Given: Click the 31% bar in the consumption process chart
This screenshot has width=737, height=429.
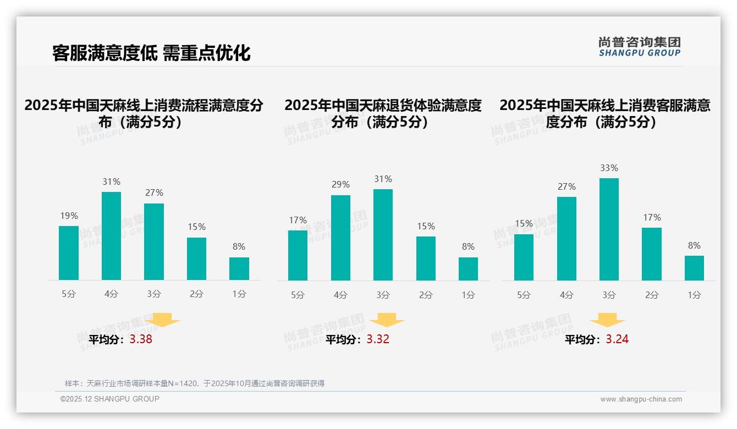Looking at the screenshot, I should coord(111,236).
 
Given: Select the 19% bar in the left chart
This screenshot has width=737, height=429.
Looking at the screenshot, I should coord(69,253).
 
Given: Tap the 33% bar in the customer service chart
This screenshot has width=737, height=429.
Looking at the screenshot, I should coord(609,229).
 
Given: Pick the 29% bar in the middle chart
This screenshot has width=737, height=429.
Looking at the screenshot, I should coord(340,238).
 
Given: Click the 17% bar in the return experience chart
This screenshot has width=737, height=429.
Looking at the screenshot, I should coord(298,255).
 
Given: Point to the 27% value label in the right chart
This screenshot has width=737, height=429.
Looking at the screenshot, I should coord(566,186).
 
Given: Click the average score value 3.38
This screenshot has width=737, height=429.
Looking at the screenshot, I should coord(141,339).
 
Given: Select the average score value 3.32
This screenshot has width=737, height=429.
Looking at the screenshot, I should coord(378,339).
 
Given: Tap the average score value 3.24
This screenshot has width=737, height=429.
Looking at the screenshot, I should coord(617,339).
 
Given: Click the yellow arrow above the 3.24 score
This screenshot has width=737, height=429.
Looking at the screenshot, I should coord(607,321).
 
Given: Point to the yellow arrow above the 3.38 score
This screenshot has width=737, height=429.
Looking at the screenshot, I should coord(162,320).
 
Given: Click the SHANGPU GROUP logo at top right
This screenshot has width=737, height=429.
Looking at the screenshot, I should coord(639,47).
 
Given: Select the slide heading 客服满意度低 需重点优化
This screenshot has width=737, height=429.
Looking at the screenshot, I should coord(151,53).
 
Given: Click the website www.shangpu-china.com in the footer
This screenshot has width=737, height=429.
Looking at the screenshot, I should coord(641,399).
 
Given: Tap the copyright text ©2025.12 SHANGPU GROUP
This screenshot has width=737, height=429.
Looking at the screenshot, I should coord(110,399).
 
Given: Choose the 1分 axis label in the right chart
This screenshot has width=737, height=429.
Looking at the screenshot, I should coord(694,295).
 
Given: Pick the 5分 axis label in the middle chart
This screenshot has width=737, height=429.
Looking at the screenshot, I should coord(298,295).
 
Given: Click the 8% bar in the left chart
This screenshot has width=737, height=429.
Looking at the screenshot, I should coord(239,268).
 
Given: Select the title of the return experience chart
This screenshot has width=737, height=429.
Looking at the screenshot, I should coord(383,113).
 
